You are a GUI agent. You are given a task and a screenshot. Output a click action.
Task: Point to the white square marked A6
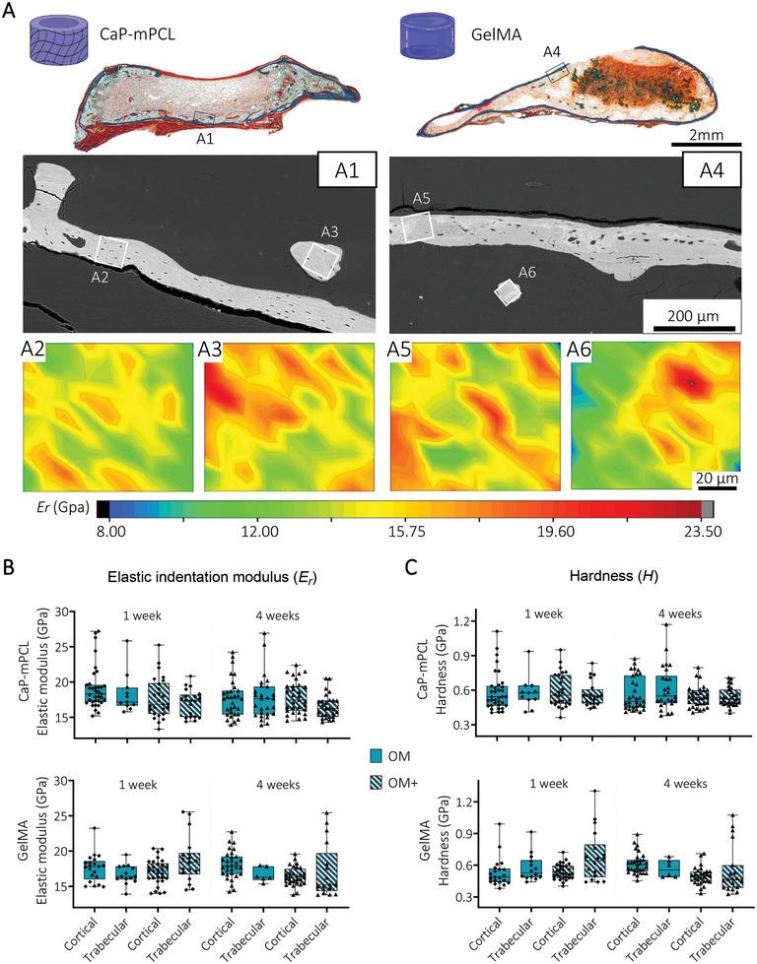pos(509,292)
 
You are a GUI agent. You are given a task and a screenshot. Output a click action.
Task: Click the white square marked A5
pos(419,226)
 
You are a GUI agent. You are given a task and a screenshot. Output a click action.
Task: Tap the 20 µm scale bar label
pos(708,479)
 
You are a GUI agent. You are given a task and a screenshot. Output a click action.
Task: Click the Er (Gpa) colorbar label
pos(58,508)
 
